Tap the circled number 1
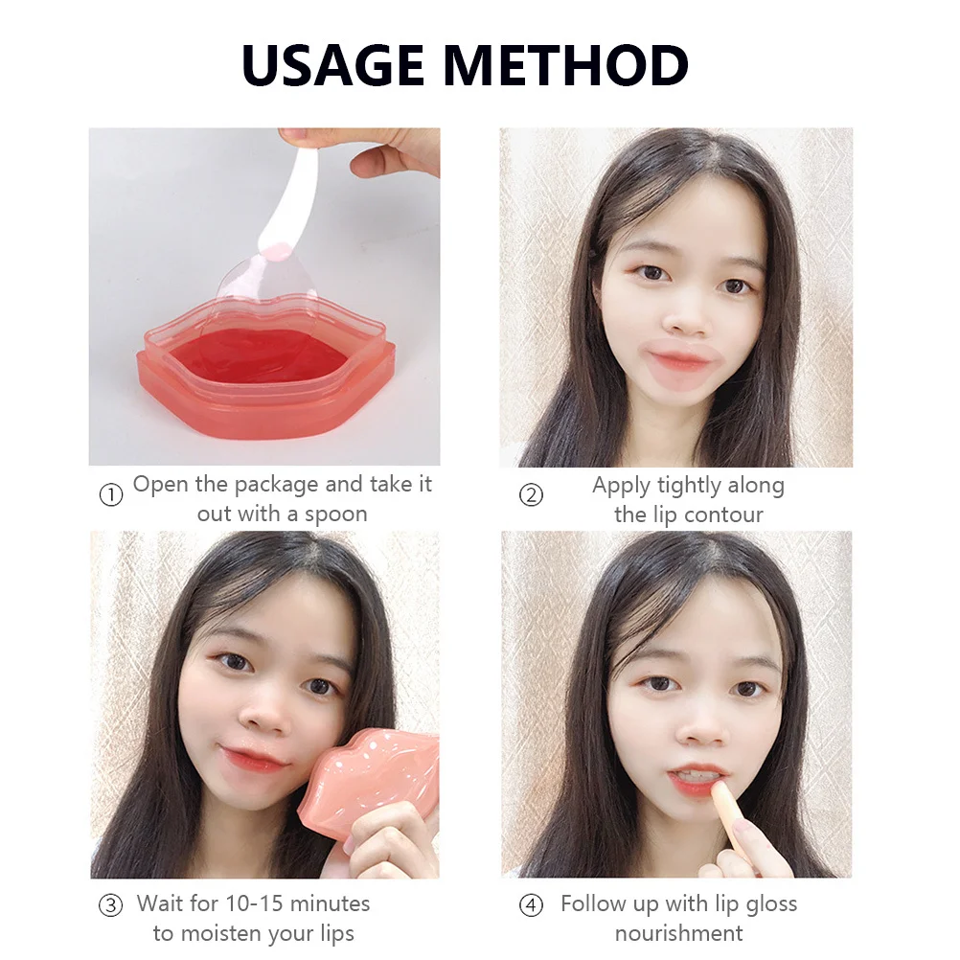pos(112,495)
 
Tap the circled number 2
pos(531,495)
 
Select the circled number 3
pos(111,904)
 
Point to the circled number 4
pos(531,904)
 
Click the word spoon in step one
pos(335,514)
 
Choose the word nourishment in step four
pos(678,932)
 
